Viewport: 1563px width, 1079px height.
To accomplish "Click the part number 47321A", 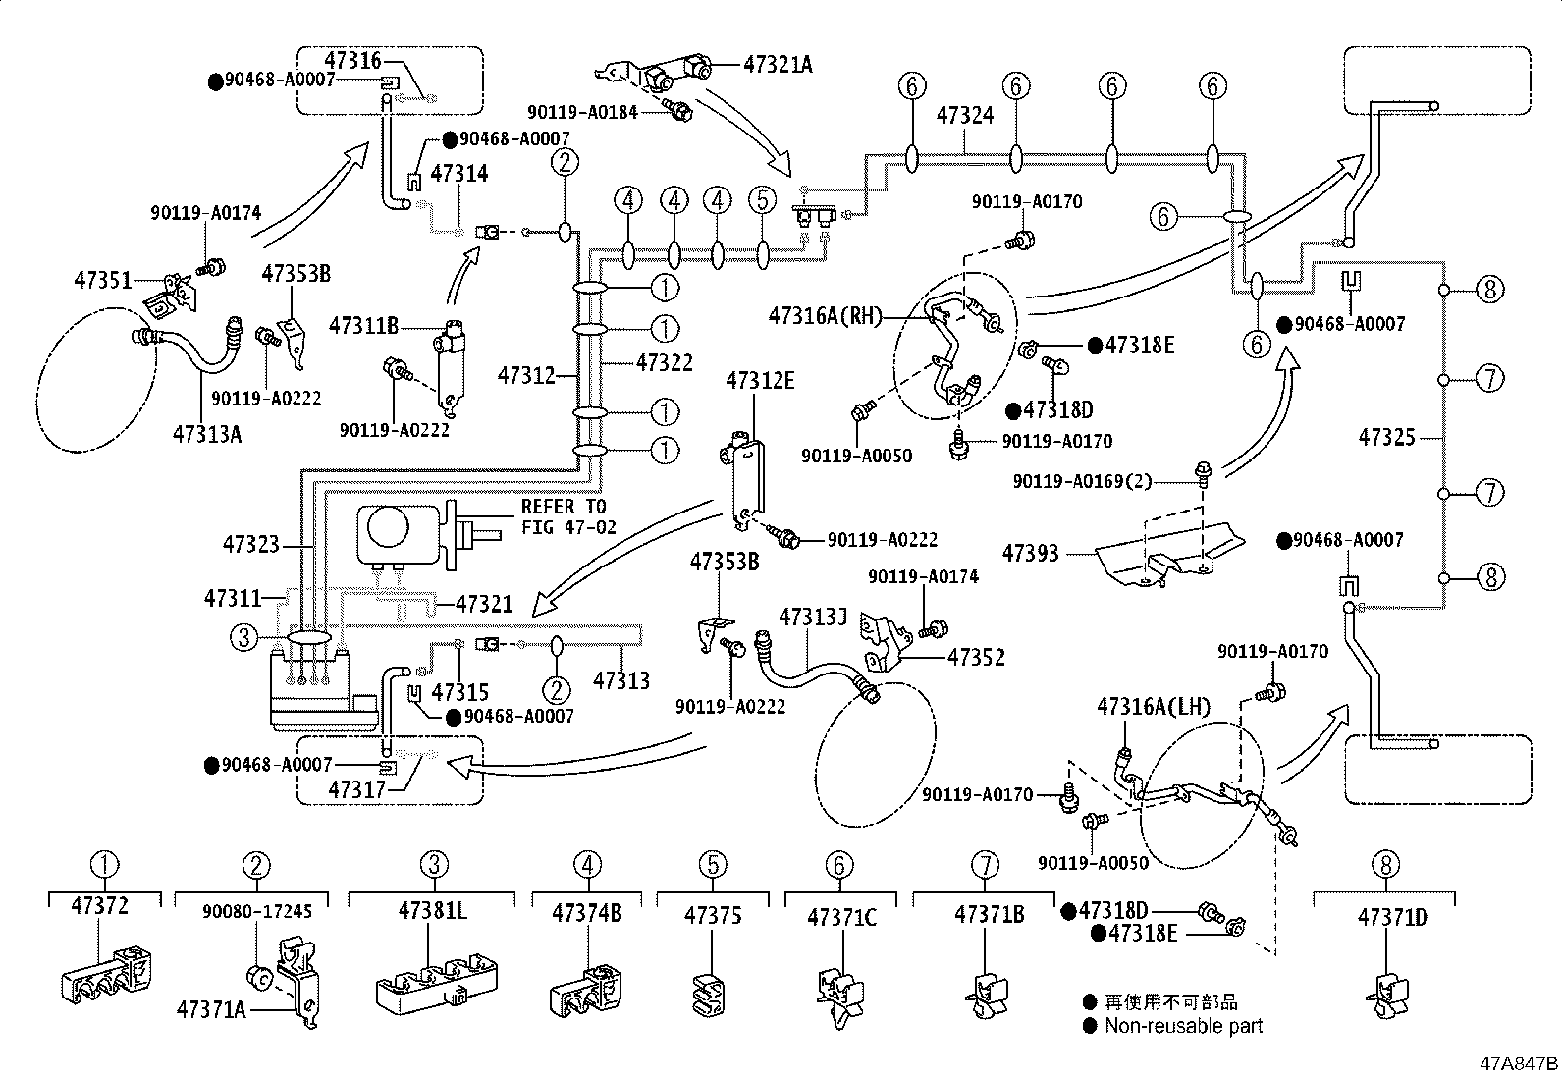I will click(778, 65).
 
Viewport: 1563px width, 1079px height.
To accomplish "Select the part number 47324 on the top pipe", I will click(964, 116).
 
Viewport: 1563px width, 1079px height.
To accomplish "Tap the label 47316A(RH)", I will click(825, 315).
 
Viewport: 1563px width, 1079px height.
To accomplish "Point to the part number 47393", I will click(1030, 554).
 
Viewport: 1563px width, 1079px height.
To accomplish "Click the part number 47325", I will click(1386, 437).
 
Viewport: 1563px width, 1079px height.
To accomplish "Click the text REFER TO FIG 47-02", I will click(568, 516).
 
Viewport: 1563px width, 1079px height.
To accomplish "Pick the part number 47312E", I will click(760, 381).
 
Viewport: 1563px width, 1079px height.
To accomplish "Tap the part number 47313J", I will click(812, 618).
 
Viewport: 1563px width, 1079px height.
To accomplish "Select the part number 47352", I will click(976, 657).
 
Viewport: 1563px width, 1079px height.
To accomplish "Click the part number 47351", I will click(102, 280).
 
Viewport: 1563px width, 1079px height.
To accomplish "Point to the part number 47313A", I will click(206, 433).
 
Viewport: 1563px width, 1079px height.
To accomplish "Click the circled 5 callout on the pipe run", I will click(762, 200).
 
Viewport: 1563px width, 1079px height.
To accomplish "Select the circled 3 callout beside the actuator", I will click(243, 638).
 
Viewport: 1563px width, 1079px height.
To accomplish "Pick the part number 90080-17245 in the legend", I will click(257, 912).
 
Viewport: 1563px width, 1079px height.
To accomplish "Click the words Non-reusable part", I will click(1183, 1026).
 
